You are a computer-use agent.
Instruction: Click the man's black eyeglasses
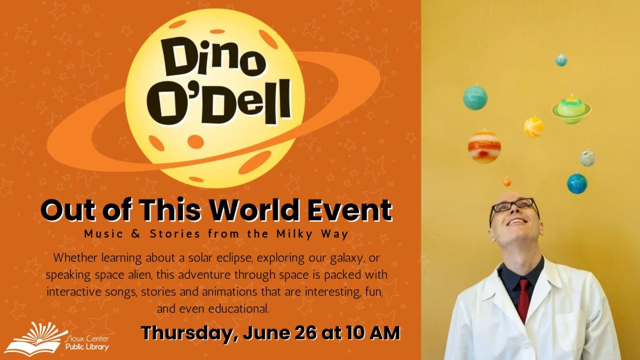514,205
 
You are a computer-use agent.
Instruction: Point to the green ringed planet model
571,109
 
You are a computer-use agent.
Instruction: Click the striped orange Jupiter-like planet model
484,146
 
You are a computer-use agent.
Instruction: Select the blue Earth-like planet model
577,183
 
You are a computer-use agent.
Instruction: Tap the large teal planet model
475,98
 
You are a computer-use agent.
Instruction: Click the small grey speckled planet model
588,158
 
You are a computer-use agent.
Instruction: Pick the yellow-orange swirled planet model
533,127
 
